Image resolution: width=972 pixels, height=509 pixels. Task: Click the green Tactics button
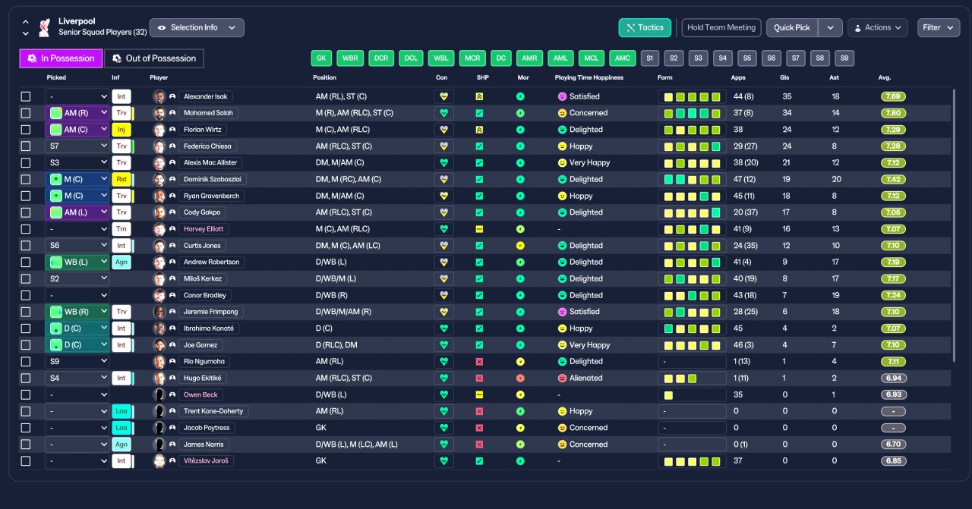point(645,28)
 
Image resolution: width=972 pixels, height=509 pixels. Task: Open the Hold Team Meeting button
point(721,28)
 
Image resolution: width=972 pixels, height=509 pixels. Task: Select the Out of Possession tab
point(154,58)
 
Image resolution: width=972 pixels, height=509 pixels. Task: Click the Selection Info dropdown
point(197,28)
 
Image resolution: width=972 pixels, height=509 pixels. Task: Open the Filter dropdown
point(938,28)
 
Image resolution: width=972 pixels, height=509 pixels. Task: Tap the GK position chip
point(321,58)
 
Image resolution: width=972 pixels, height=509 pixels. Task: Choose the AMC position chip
point(622,58)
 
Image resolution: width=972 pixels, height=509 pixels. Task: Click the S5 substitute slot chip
point(746,58)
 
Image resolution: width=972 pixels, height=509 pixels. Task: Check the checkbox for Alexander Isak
point(26,96)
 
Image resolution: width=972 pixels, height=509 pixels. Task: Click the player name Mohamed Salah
point(208,113)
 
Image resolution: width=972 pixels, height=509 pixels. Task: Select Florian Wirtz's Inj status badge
point(121,130)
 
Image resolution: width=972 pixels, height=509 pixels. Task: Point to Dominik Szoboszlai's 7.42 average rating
point(893,180)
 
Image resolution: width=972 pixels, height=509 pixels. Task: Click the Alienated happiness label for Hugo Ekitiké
point(585,378)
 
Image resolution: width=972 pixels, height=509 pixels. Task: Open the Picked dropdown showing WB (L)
point(77,262)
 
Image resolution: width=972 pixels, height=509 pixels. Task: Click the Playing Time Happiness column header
point(589,77)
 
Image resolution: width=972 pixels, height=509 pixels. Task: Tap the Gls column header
point(784,77)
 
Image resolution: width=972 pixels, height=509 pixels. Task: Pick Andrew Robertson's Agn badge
point(121,262)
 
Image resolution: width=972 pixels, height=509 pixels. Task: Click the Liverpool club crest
point(44,28)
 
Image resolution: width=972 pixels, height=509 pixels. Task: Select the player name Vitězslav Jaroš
point(206,461)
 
